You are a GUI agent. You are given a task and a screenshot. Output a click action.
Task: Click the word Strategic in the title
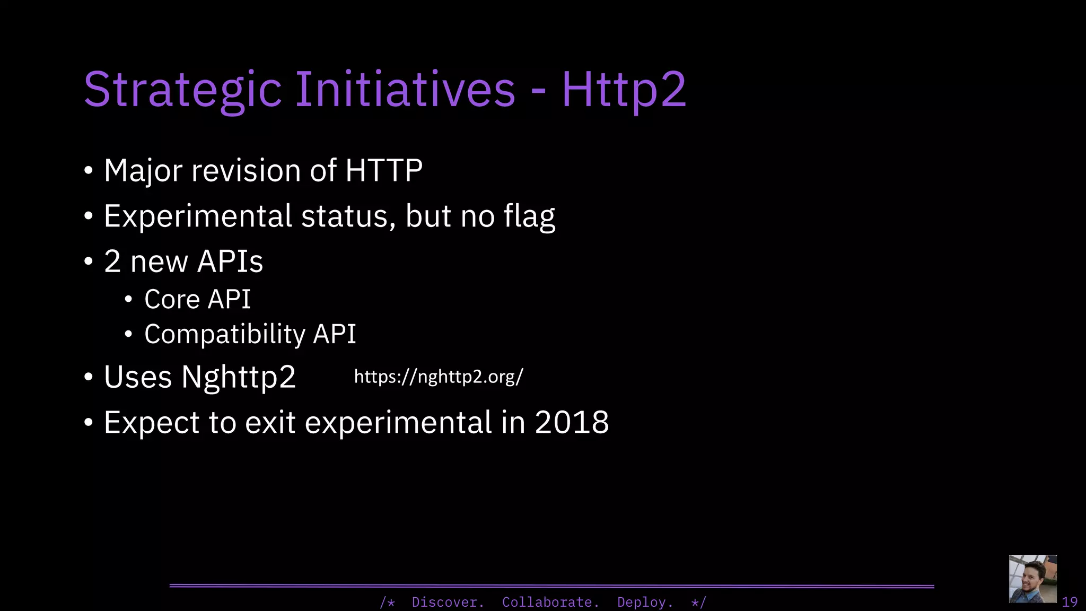pos(182,90)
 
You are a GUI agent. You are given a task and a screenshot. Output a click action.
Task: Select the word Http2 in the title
pos(624,90)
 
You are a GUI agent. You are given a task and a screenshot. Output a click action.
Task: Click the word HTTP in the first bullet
pos(383,171)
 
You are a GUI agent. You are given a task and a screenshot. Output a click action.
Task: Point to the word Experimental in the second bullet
pos(198,216)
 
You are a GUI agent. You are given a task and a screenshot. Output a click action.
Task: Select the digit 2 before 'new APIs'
pos(112,261)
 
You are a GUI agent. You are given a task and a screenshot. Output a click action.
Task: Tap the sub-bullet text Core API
pos(197,299)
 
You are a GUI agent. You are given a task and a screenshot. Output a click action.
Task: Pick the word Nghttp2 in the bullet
pos(238,377)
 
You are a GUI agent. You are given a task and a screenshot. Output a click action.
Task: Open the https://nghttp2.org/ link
pos(438,377)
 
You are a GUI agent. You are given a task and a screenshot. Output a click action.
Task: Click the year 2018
pos(572,423)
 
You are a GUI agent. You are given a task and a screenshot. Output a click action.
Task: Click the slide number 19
pos(1069,602)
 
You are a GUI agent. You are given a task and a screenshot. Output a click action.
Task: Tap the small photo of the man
pos(1032,579)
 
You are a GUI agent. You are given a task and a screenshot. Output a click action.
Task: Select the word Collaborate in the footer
pos(550,602)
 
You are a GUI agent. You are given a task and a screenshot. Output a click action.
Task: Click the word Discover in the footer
pos(447,602)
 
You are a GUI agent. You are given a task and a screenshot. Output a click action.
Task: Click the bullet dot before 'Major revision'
pos(89,171)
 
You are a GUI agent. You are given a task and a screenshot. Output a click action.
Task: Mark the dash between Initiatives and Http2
pos(538,91)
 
